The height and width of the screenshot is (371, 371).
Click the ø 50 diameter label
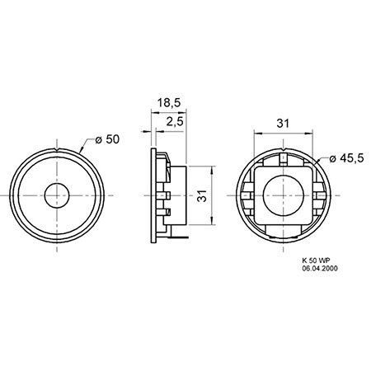pyautogui.click(x=107, y=139)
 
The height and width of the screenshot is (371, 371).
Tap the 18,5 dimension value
pyautogui.click(x=169, y=103)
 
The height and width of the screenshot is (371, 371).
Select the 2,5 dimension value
pyautogui.click(x=175, y=121)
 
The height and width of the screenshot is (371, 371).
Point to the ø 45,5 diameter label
pyautogui.click(x=346, y=158)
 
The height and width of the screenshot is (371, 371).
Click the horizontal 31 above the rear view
pyautogui.click(x=283, y=124)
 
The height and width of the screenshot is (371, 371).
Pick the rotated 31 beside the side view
pyautogui.click(x=202, y=195)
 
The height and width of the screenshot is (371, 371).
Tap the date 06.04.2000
pyautogui.click(x=320, y=269)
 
